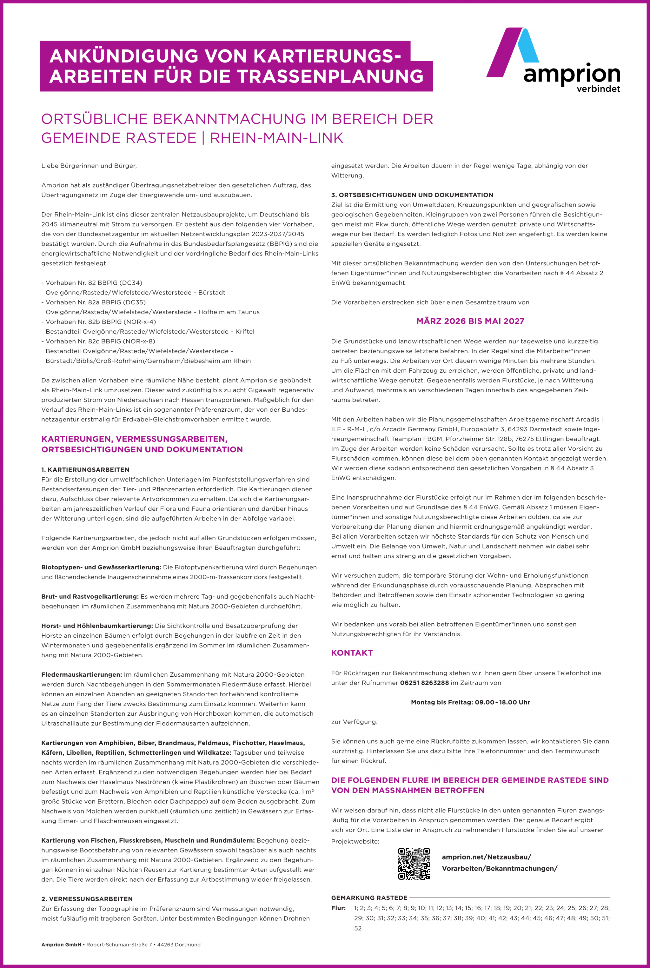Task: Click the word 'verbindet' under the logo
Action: (598, 89)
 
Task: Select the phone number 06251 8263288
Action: (424, 683)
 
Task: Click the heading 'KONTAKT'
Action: (352, 653)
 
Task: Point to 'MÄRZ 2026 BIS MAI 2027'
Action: (470, 321)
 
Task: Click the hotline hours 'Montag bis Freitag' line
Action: (470, 702)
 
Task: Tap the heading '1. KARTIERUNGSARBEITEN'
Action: (85, 470)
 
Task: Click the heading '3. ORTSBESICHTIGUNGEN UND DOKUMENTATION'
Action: (412, 195)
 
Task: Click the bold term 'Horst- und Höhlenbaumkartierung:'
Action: (97, 626)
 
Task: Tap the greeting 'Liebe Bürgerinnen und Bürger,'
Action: (89, 166)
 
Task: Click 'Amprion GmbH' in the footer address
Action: (61, 945)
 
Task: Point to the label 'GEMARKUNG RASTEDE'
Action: (369, 898)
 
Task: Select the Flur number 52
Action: (358, 928)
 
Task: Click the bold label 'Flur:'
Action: (338, 908)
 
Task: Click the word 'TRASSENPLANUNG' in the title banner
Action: (330, 76)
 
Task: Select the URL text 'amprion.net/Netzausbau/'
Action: (486, 857)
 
